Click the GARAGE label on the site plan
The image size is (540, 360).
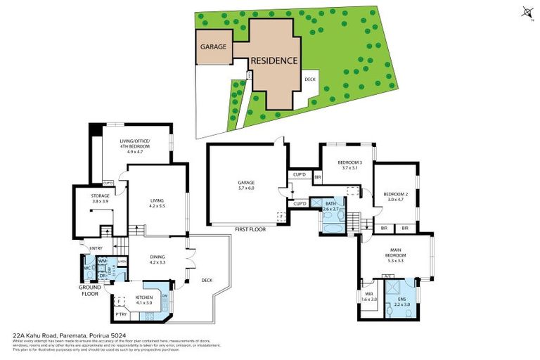coord(213,47)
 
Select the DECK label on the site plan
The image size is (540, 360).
coord(310,79)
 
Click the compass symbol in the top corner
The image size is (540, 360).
coord(527,11)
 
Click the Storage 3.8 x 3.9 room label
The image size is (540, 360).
coord(100,198)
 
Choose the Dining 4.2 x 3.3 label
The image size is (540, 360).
coord(158,259)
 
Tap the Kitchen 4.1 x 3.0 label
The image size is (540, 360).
coord(145,300)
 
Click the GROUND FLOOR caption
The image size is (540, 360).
coord(90,290)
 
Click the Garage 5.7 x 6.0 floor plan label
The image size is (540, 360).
coord(245,186)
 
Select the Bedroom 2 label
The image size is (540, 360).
coord(395,197)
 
